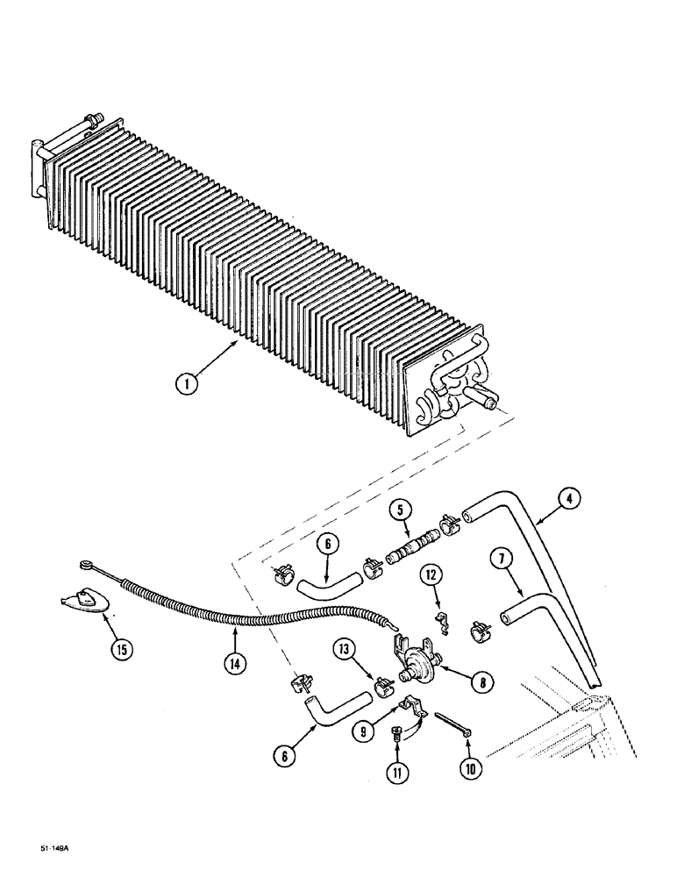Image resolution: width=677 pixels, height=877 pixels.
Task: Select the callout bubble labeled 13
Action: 345,649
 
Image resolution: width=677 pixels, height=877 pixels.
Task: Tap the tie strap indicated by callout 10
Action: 453,725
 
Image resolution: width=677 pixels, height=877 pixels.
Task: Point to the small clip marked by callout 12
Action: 441,622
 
